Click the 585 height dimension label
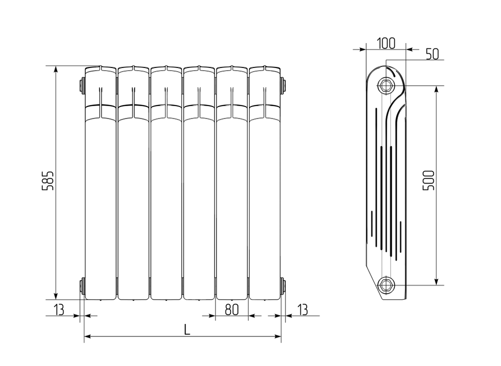coord(48,180)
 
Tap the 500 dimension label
coord(428,180)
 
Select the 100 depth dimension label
coord(386,43)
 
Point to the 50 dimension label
coord(432,54)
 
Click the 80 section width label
coord(232,309)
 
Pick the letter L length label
coord(187,329)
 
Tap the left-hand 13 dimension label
coord(59,309)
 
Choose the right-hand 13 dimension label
coord(302,309)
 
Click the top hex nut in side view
coord(386,85)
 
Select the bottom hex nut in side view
coord(386,284)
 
